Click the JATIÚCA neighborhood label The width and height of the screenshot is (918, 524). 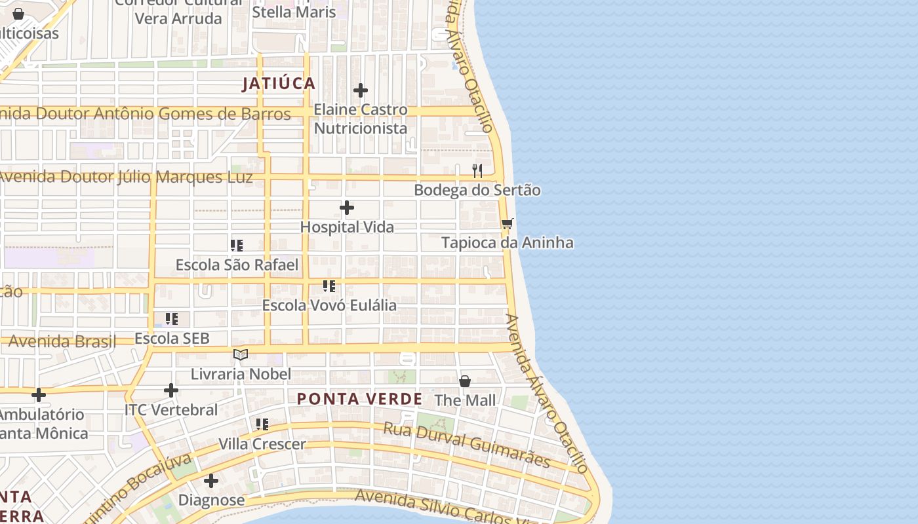(279, 84)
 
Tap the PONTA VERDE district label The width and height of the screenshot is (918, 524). (359, 399)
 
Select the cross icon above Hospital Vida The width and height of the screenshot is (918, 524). (347, 208)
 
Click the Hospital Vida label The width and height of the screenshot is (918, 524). (347, 227)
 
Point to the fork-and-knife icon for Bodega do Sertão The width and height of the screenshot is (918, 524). (477, 171)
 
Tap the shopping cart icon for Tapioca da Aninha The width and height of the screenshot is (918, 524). (507, 224)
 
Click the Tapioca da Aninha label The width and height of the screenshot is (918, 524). (507, 243)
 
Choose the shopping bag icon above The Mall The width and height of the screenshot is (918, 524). (465, 381)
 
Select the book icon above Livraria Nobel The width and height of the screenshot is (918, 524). (241, 354)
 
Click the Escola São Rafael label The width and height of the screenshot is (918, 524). (237, 265)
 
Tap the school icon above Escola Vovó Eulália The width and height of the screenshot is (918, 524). (329, 286)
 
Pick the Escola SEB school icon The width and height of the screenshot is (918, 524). (172, 319)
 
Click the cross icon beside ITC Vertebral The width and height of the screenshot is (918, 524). (171, 391)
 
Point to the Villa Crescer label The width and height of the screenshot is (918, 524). (262, 444)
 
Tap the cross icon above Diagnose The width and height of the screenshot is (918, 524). (211, 481)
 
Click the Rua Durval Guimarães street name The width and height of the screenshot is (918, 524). (466, 445)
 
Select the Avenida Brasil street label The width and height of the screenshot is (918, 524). (62, 341)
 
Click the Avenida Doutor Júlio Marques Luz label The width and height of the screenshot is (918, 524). (126, 178)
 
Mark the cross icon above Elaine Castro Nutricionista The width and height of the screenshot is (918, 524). (361, 90)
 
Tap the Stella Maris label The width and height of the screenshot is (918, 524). (294, 12)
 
